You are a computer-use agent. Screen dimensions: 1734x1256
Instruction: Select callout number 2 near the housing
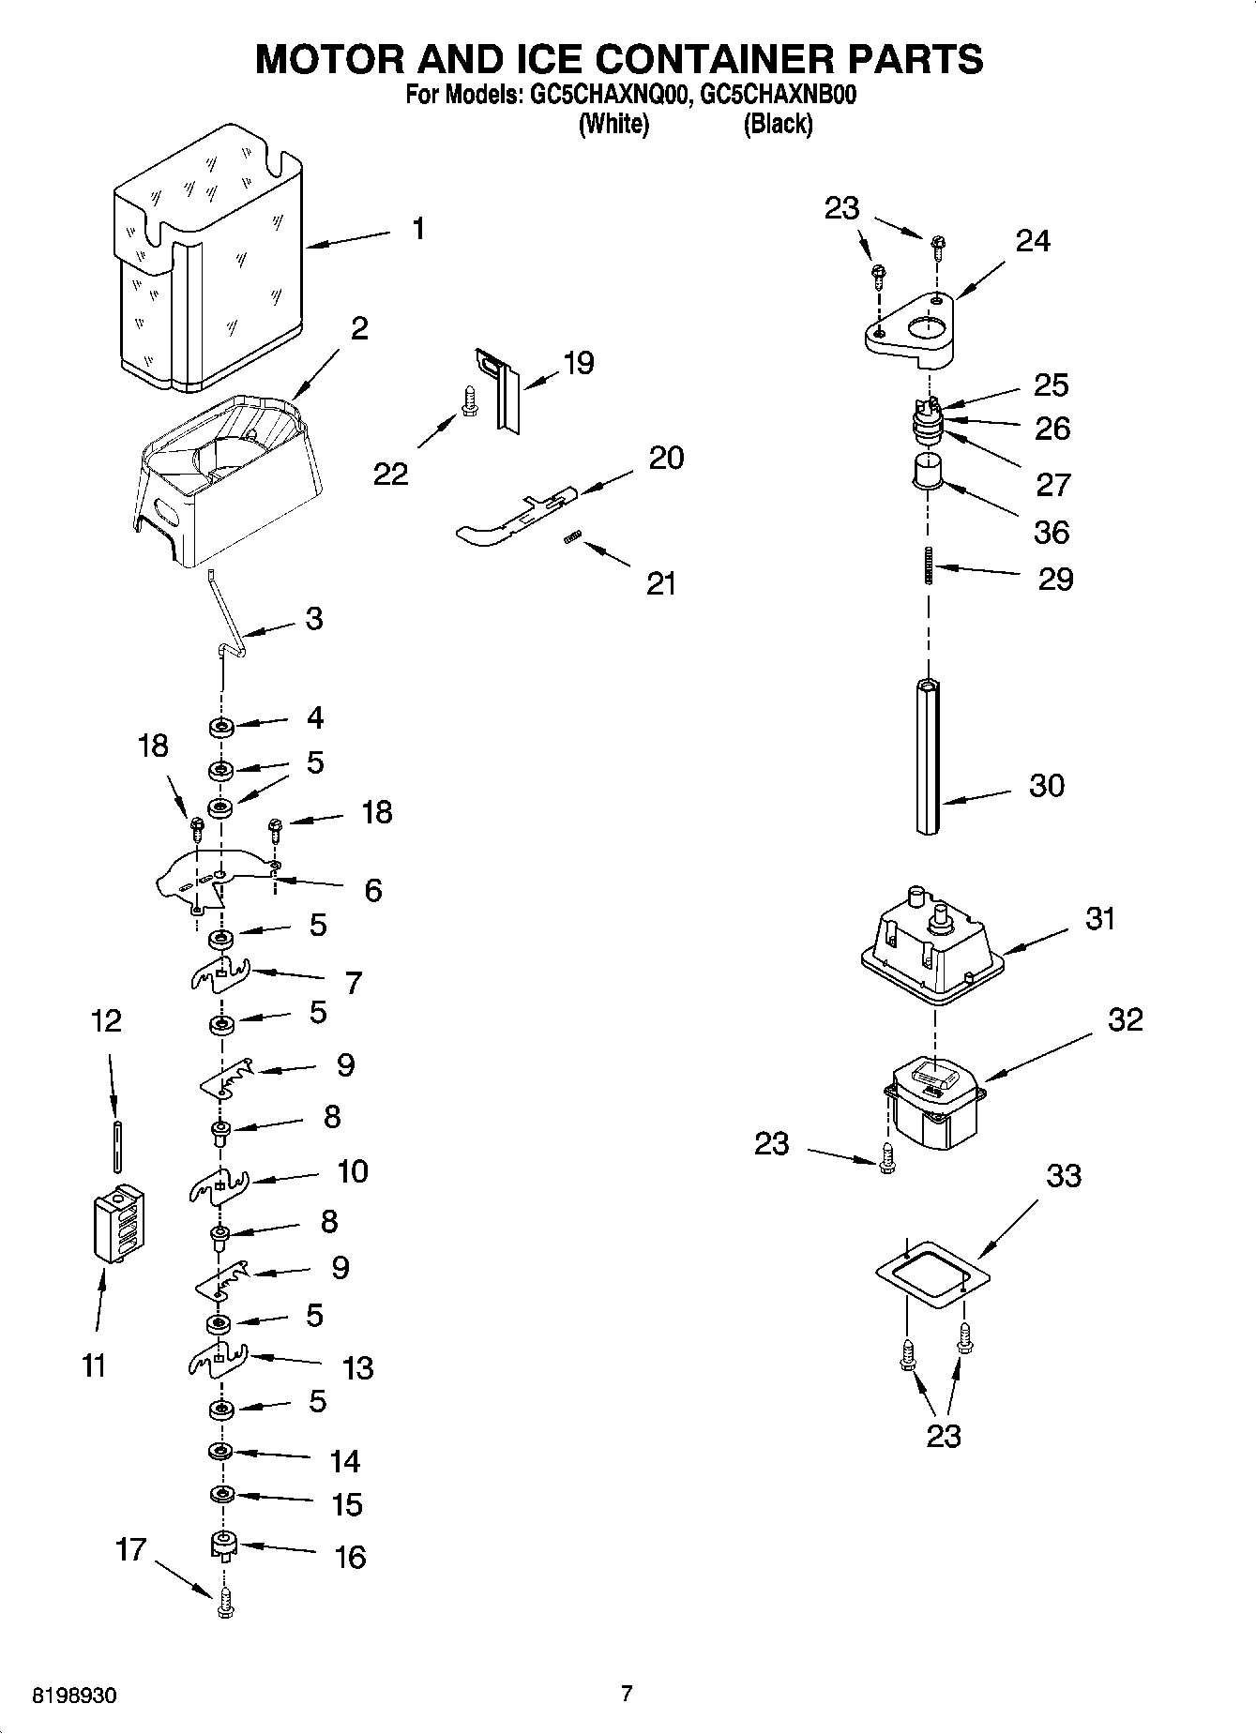[359, 328]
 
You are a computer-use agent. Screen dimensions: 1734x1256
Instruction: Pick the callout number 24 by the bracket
[1033, 241]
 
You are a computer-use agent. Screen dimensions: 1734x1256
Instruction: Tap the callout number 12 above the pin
[106, 1020]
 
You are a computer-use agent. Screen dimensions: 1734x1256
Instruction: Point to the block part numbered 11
[118, 1224]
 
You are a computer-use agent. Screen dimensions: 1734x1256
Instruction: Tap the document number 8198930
[75, 1695]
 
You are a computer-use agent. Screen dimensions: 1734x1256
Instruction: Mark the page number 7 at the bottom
[627, 1693]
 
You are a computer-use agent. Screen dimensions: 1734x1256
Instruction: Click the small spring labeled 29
[929, 565]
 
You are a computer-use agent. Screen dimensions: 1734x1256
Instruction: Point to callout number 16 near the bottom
[350, 1558]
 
